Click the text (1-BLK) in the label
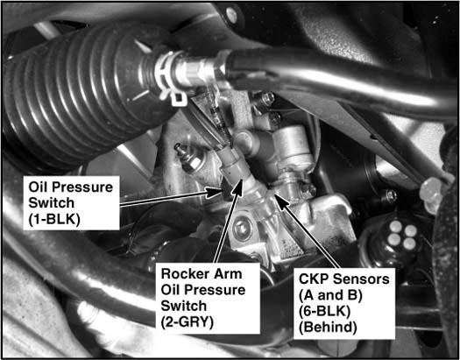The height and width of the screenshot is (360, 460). pyautogui.click(x=54, y=219)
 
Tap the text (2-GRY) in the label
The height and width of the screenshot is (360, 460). pyautogui.click(x=187, y=322)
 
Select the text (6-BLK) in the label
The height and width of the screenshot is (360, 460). pyautogui.click(x=324, y=311)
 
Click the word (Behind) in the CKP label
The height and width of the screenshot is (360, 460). pyautogui.click(x=328, y=328)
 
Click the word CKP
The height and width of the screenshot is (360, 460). pyautogui.click(x=313, y=279)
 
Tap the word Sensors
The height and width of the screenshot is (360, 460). pyautogui.click(x=359, y=279)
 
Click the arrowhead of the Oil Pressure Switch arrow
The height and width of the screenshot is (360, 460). pyautogui.click(x=216, y=192)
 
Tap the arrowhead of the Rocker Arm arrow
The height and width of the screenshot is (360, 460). pyautogui.click(x=238, y=187)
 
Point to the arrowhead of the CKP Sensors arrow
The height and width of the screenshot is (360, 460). pyautogui.click(x=280, y=201)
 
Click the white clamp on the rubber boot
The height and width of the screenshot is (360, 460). pyautogui.click(x=170, y=77)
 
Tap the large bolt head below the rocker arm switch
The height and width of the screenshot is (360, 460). pyautogui.click(x=243, y=229)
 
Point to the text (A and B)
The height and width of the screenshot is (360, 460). pyautogui.click(x=330, y=295)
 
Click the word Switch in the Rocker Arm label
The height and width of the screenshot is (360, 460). pyautogui.click(x=183, y=306)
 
